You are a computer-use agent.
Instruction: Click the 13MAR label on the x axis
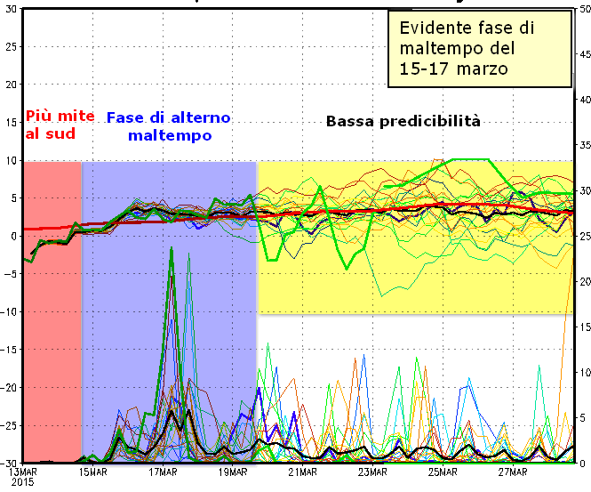point(22,472)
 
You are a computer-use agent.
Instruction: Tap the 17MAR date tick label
point(163,472)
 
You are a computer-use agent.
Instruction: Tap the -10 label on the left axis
point(9,311)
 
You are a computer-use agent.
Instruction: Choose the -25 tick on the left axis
point(9,425)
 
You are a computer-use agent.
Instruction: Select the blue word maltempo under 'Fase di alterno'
point(169,136)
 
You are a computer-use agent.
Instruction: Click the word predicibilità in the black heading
point(435,121)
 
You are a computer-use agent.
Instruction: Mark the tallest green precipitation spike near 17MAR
point(171,251)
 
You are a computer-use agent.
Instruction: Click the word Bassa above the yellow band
point(352,121)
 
